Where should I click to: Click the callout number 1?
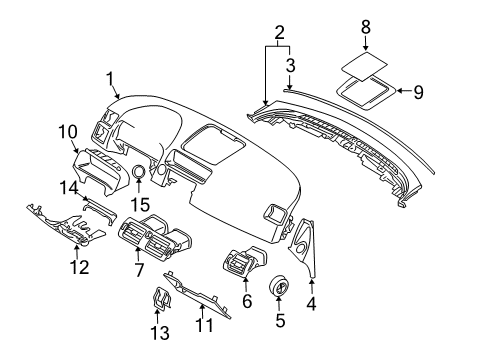[110, 76]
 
